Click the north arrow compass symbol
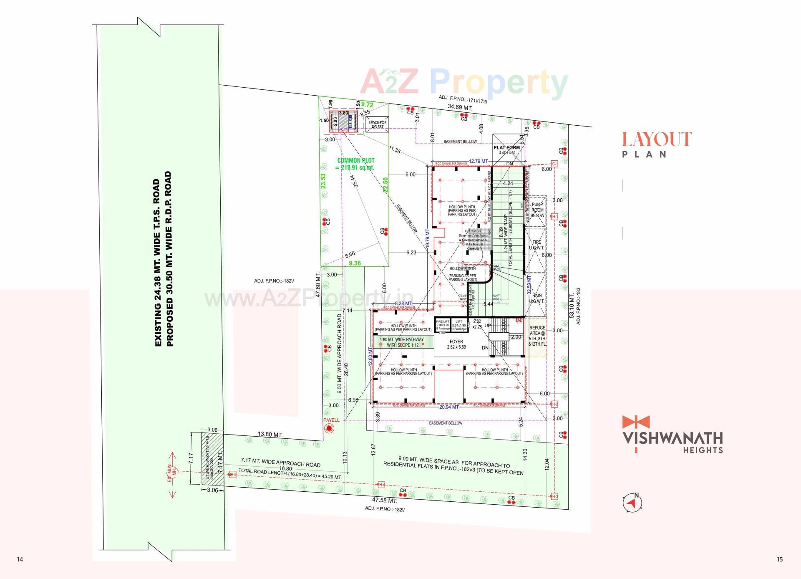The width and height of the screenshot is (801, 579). point(632,503)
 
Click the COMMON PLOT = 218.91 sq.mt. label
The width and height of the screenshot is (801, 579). point(355,164)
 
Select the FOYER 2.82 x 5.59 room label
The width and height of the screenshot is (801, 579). point(456,344)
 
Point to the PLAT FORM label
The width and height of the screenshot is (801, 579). point(507,148)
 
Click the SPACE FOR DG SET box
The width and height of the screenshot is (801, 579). point(377,124)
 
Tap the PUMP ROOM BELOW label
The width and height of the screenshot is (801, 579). point(537,210)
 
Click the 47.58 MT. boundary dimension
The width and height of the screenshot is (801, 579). point(384,500)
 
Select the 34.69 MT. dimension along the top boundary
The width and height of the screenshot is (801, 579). point(460,107)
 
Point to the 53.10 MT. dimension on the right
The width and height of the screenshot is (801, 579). point(571,306)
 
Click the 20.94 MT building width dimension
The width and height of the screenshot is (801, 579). point(449,407)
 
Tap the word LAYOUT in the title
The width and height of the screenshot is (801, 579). point(657,139)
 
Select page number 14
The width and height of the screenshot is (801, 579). point(20,559)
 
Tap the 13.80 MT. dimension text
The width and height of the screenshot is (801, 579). point(270,435)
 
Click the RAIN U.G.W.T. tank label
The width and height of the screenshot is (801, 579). point(537,298)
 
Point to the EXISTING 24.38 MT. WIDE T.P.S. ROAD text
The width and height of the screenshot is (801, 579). point(157,263)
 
